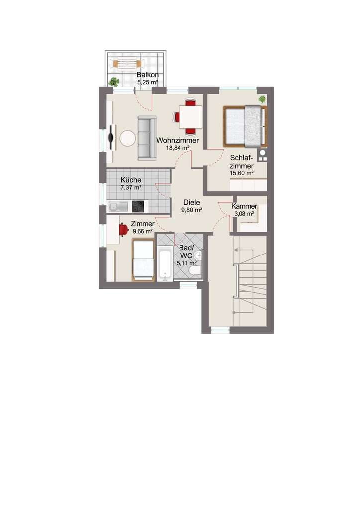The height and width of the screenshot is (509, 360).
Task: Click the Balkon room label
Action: click(147, 75)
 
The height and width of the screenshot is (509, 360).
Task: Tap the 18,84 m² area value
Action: click(178, 148)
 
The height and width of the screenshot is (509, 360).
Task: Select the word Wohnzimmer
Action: click(178, 140)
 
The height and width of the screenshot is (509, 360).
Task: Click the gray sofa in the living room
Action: click(147, 138)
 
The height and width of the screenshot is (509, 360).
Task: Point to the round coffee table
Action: click(128, 138)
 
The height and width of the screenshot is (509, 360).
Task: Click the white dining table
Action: click(190, 117)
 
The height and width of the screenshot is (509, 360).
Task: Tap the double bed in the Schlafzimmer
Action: click(245, 126)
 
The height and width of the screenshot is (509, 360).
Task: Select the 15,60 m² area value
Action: click(242, 173)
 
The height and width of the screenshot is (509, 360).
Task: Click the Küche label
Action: click(131, 180)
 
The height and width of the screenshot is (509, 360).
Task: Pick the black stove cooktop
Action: click(138, 206)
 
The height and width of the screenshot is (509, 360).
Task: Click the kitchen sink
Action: click(118, 206)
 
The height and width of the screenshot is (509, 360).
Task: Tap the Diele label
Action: click(192, 202)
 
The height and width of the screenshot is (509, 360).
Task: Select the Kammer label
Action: click(244, 206)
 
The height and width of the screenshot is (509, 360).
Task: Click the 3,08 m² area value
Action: click(244, 214)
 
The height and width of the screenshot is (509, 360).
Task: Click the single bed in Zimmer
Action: click(143, 259)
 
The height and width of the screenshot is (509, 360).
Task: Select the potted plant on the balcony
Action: click(114, 82)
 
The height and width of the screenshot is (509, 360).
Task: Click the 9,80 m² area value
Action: click(192, 210)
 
